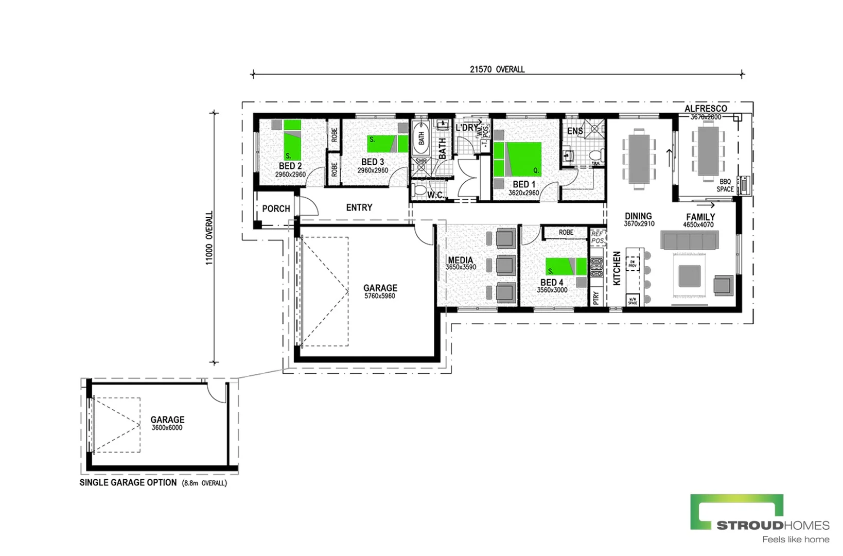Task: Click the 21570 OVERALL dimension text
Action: click(x=497, y=69)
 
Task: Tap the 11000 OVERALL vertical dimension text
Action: click(x=209, y=238)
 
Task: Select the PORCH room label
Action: click(x=276, y=208)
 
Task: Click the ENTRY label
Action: click(x=359, y=207)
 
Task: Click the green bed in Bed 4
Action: click(x=564, y=266)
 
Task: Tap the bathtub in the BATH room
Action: click(x=421, y=138)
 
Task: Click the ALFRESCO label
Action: click(x=705, y=109)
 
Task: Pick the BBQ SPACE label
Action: click(x=725, y=185)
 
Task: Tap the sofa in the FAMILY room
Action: click(x=689, y=240)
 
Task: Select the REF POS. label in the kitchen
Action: click(x=597, y=237)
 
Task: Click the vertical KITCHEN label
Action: click(x=617, y=268)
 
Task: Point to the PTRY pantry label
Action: click(x=595, y=298)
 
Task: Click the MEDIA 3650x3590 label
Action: click(x=460, y=263)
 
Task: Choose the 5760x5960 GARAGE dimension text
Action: click(x=379, y=296)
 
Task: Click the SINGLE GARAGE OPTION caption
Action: click(x=128, y=482)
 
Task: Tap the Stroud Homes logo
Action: click(x=759, y=517)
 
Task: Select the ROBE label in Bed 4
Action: click(x=566, y=233)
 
